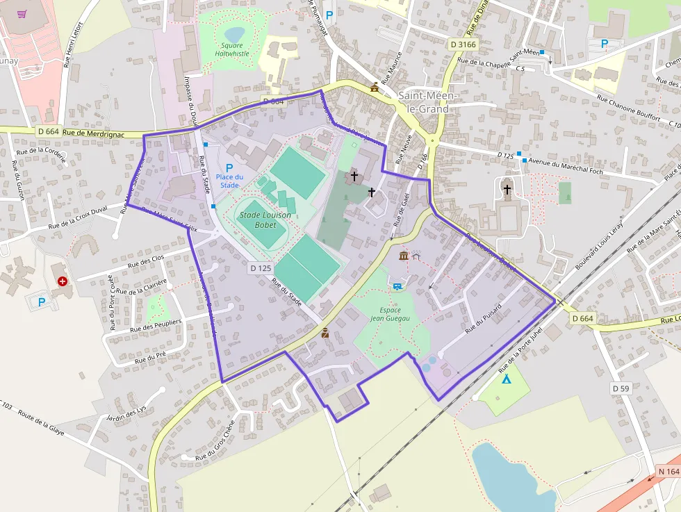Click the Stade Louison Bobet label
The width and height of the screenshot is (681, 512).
click(x=258, y=220)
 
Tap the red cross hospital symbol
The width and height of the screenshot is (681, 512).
click(x=63, y=281)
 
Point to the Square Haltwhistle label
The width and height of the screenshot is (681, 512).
click(x=232, y=49)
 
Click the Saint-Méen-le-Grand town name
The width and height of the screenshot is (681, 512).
click(x=428, y=102)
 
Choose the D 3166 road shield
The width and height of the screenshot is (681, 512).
click(x=463, y=44)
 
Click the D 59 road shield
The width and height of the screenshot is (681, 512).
click(x=621, y=388)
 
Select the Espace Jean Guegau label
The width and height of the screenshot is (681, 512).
click(x=391, y=314)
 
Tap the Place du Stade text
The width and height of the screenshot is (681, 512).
click(x=229, y=181)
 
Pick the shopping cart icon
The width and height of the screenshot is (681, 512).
click(x=23, y=14)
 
